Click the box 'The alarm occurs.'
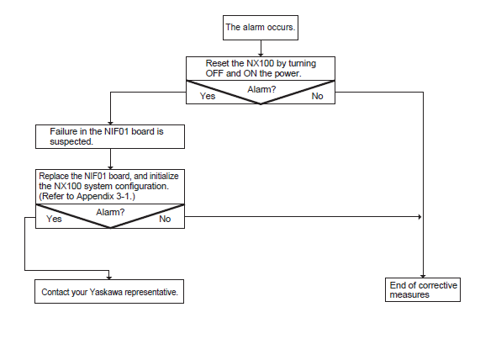pos(261,28)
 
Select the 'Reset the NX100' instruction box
pos(261,68)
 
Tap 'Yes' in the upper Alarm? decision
pos(208,96)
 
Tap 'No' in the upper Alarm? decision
pos(317,96)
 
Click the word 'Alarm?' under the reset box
pos(261,89)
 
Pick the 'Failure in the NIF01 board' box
pos(110,136)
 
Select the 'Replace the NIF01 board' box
pos(110,187)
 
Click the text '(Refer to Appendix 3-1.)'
pos(87,196)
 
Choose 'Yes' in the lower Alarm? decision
pos(54,219)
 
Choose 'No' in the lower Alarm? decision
pos(165,219)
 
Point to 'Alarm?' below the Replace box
pos(110,212)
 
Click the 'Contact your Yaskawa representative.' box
pos(109,291)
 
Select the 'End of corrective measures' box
pos(423,289)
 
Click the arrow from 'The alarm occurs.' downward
pos(261,49)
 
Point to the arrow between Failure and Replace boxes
pos(110,159)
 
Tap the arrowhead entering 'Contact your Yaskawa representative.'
pos(109,278)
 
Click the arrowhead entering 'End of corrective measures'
pos(423,276)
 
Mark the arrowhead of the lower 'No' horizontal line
pos(419,217)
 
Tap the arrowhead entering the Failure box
pos(110,123)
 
